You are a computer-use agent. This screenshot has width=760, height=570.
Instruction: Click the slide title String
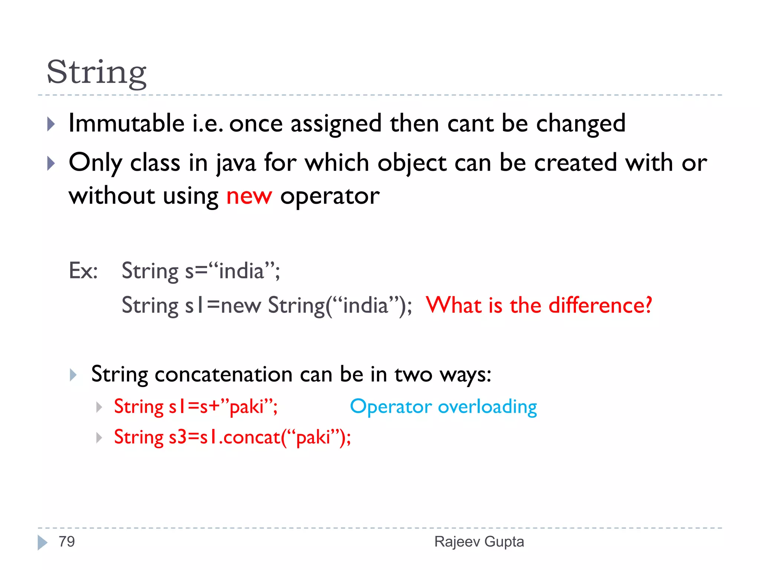(x=96, y=73)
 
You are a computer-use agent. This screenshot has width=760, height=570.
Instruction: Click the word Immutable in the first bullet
(x=127, y=123)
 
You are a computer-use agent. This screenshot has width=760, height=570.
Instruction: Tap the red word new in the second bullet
(x=249, y=196)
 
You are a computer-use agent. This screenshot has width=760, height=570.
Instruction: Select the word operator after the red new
(x=330, y=196)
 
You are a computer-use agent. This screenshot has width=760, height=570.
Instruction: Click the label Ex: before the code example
(x=83, y=271)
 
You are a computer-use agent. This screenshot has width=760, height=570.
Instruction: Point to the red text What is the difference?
(x=539, y=305)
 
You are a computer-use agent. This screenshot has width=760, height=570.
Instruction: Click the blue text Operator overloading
(x=443, y=407)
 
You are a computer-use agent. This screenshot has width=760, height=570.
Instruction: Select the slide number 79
(x=67, y=542)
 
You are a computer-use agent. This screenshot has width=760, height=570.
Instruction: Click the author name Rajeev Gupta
(x=479, y=542)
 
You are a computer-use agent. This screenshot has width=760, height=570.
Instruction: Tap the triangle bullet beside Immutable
(x=51, y=124)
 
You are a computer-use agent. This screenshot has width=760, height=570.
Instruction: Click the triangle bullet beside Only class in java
(x=51, y=163)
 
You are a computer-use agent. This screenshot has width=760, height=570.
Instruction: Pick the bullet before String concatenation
(x=73, y=375)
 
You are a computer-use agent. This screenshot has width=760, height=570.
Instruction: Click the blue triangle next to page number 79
(x=42, y=543)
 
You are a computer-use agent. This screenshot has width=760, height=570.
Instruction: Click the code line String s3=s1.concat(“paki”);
(x=232, y=437)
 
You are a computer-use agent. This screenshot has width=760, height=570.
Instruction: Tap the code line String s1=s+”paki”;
(x=196, y=407)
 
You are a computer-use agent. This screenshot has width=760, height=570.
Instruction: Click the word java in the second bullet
(x=236, y=163)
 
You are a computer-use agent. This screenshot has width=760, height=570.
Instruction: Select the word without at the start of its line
(x=112, y=196)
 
